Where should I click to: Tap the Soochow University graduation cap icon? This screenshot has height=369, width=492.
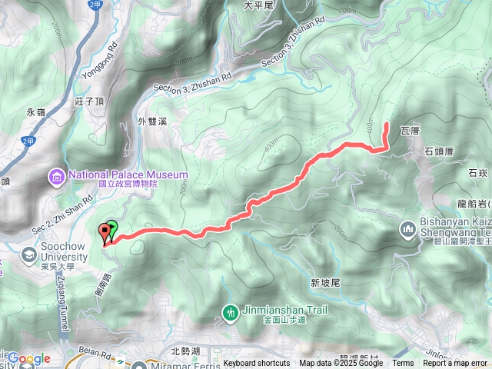[x=29, y=253]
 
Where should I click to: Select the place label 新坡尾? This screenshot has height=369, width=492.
[x=325, y=283]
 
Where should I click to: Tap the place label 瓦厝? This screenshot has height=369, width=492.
[x=411, y=132]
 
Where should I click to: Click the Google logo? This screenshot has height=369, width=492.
[x=29, y=358]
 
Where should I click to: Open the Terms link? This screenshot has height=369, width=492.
[x=403, y=364]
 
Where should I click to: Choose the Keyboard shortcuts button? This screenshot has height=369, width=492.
[x=257, y=364]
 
